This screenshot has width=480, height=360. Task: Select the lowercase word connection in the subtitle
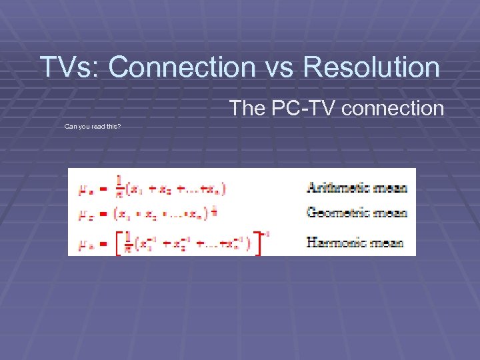click(394, 108)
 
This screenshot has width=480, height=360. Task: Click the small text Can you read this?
click(92, 126)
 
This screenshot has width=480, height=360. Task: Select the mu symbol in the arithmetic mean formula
click(85, 190)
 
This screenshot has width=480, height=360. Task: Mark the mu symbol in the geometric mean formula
click(85, 215)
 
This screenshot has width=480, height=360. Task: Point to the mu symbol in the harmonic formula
click(85, 244)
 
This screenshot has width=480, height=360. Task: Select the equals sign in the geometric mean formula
click(103, 215)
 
